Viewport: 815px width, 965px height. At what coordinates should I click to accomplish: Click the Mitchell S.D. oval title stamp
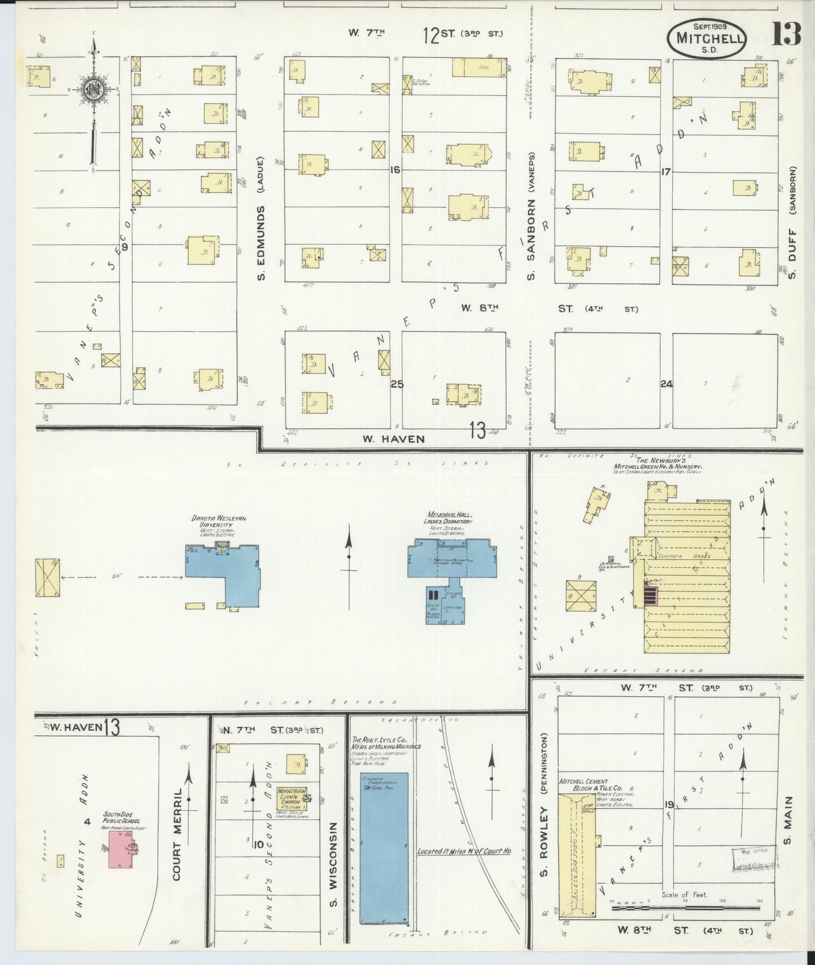coord(707,38)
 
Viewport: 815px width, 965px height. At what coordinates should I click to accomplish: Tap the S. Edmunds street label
coord(261,234)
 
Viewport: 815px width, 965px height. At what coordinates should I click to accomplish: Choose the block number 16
coord(394,169)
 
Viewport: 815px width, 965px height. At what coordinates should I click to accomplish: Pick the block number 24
coord(667,384)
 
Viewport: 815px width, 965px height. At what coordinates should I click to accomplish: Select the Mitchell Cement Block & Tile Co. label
coord(591,785)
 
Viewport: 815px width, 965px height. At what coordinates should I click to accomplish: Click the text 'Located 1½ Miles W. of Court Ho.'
coord(464,851)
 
